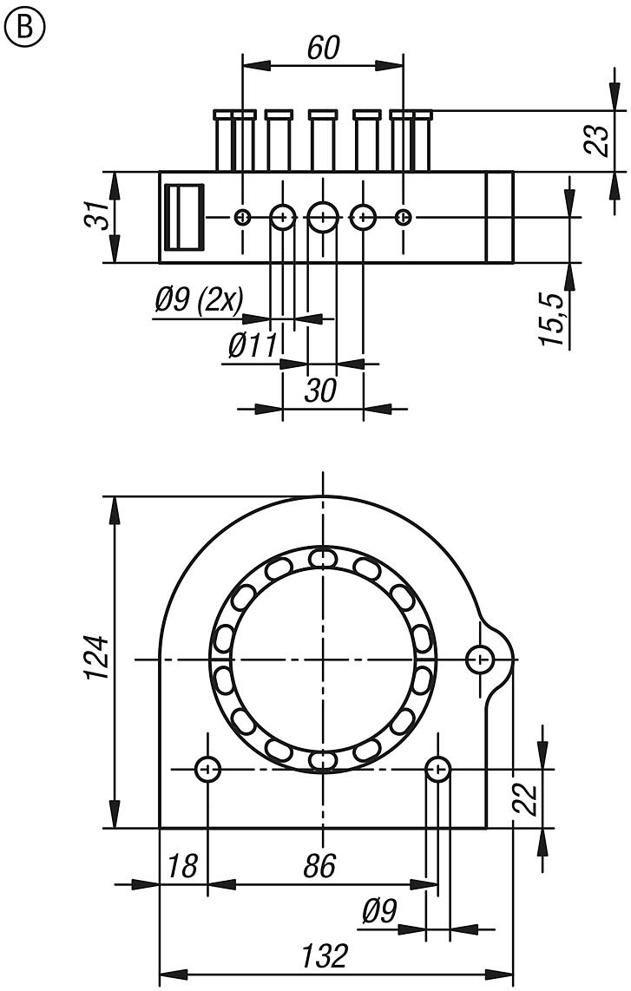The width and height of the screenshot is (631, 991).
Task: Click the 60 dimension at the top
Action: [322, 48]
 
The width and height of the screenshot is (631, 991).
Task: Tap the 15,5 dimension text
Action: [554, 319]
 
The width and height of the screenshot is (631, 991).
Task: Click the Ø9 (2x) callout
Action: [199, 300]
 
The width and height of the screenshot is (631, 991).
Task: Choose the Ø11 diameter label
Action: [252, 346]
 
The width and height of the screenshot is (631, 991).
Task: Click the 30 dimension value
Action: [320, 390]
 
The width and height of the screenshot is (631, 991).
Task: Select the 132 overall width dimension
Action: [323, 955]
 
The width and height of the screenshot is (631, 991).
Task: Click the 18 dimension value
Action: [182, 865]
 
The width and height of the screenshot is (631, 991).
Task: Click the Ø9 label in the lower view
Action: [379, 910]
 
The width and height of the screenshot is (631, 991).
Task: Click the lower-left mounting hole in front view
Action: [208, 769]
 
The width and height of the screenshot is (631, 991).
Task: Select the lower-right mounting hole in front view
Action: [438, 769]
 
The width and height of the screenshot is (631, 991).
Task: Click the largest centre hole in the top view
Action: [323, 217]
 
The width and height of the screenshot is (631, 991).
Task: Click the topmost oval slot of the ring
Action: [323, 556]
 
